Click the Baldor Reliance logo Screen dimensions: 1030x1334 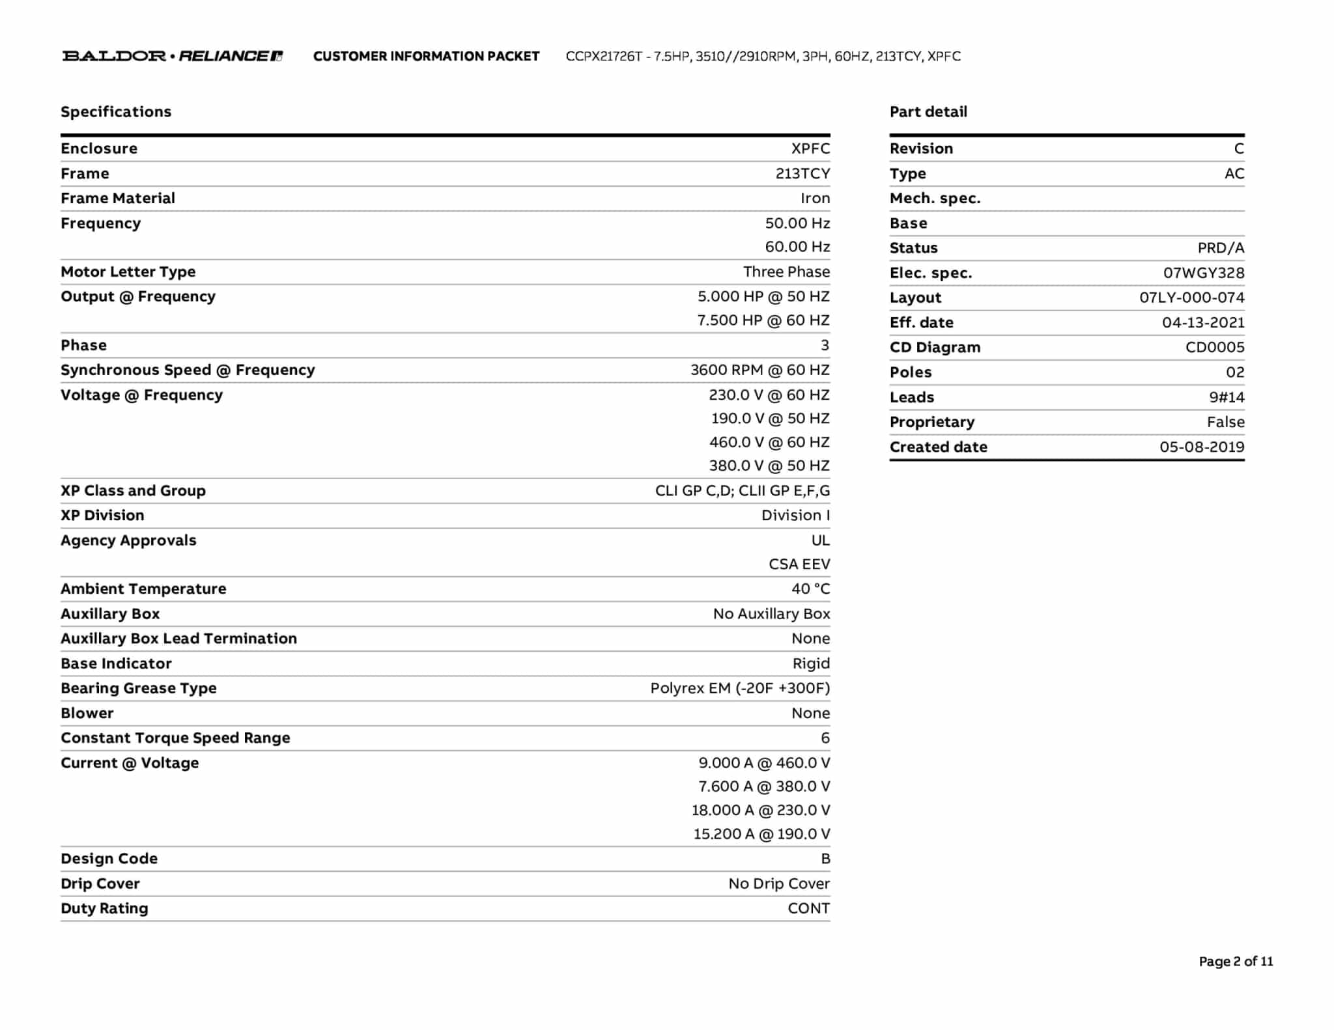(x=172, y=56)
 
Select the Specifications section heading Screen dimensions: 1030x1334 (x=116, y=111)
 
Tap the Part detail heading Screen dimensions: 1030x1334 (x=928, y=111)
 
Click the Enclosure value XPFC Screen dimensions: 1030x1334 (x=810, y=148)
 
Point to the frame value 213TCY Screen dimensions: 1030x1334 (x=802, y=173)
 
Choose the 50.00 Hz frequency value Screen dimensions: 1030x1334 (x=797, y=223)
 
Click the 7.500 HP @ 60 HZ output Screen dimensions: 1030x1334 (x=763, y=320)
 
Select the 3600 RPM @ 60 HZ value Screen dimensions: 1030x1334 (x=760, y=370)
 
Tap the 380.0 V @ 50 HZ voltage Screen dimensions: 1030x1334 (x=769, y=466)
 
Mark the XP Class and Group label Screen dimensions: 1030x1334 (x=133, y=490)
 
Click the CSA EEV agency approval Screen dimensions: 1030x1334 (x=799, y=564)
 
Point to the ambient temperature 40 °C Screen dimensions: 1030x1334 (x=810, y=589)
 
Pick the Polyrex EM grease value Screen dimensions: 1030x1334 (x=740, y=688)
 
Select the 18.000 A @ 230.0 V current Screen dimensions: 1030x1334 (x=761, y=810)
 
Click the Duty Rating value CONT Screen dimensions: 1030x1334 (x=808, y=908)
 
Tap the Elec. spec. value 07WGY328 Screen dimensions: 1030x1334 (x=1204, y=273)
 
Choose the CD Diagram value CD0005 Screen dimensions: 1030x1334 (x=1215, y=347)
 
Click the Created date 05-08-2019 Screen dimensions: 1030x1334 (x=1202, y=447)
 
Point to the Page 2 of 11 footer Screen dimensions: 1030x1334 (x=1236, y=961)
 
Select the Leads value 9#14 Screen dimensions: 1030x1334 (x=1227, y=397)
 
